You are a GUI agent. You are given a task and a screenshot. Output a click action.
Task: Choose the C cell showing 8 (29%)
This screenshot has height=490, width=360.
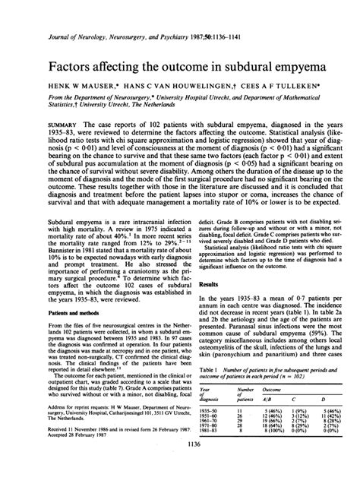pos(298,442)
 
